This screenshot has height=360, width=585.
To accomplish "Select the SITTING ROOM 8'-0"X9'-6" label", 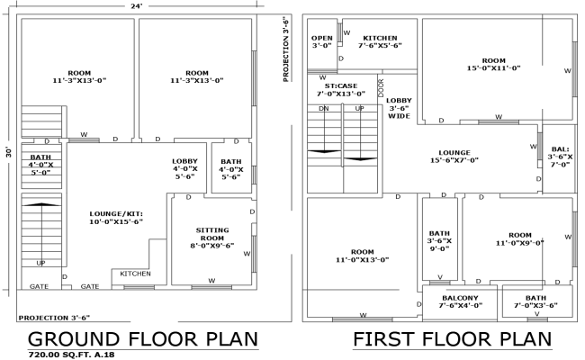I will pyautogui.click(x=211, y=238).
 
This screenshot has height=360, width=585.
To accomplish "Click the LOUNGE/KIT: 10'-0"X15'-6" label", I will pyautogui.click(x=116, y=217).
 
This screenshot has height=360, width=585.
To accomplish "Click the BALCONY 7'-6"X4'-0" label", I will pyautogui.click(x=460, y=301).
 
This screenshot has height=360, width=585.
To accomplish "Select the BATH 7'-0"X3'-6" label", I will pyautogui.click(x=535, y=301).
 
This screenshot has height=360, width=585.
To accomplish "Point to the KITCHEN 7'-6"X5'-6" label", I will pyautogui.click(x=378, y=40).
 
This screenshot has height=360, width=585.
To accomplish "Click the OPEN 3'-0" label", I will pyautogui.click(x=322, y=40).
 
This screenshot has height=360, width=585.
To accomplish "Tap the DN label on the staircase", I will pyautogui.click(x=323, y=108).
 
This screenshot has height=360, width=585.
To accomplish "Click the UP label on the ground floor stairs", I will pyautogui.click(x=40, y=263).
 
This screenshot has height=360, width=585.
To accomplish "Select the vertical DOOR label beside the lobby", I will pyautogui.click(x=381, y=87).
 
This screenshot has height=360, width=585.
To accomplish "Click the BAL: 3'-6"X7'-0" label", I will pyautogui.click(x=561, y=157).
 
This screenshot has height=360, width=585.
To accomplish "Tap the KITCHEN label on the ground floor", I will pyautogui.click(x=136, y=274).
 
